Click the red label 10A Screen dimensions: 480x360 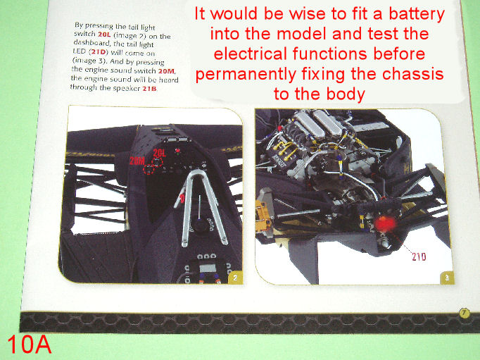pyautogui.click(x=29, y=344)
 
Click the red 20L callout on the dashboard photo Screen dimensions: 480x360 pyautogui.click(x=160, y=153)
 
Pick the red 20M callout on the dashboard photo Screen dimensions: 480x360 pyautogui.click(x=137, y=161)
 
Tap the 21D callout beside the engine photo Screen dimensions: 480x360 pyautogui.click(x=419, y=256)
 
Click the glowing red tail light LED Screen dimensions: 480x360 pyautogui.click(x=384, y=224)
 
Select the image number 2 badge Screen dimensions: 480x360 pyautogui.click(x=235, y=278)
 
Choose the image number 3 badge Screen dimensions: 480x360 pyautogui.click(x=447, y=278)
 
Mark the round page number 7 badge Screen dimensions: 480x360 pyautogui.click(x=465, y=314)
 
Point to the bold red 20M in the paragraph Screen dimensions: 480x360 pyautogui.click(x=166, y=71)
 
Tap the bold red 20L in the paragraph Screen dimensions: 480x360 pyautogui.click(x=104, y=35)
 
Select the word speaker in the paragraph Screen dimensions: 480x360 pyautogui.click(x=127, y=89)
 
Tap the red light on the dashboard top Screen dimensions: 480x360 pyautogui.click(x=177, y=151)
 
